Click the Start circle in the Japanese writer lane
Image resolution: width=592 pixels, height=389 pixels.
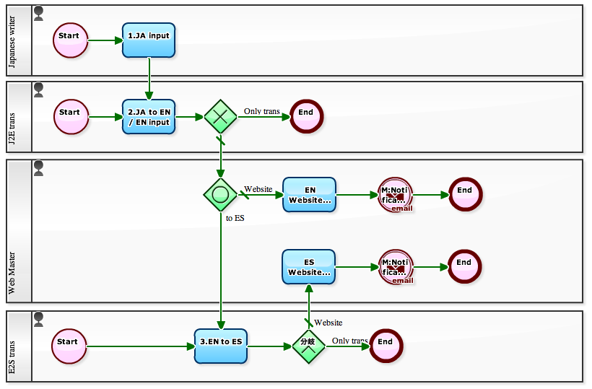click(70, 40)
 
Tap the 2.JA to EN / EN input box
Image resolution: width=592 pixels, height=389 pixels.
click(149, 117)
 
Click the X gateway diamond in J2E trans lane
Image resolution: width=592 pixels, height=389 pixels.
click(220, 116)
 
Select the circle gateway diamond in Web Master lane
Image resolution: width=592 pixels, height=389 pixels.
click(220, 195)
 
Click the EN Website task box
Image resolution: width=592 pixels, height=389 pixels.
click(309, 195)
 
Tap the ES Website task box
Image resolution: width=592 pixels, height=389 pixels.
click(309, 267)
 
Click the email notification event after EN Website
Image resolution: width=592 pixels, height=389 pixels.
click(395, 195)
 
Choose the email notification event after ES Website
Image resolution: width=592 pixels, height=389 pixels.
click(395, 267)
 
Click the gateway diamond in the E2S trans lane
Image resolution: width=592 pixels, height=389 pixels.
click(308, 346)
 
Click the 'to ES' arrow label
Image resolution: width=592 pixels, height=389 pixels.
click(235, 218)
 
